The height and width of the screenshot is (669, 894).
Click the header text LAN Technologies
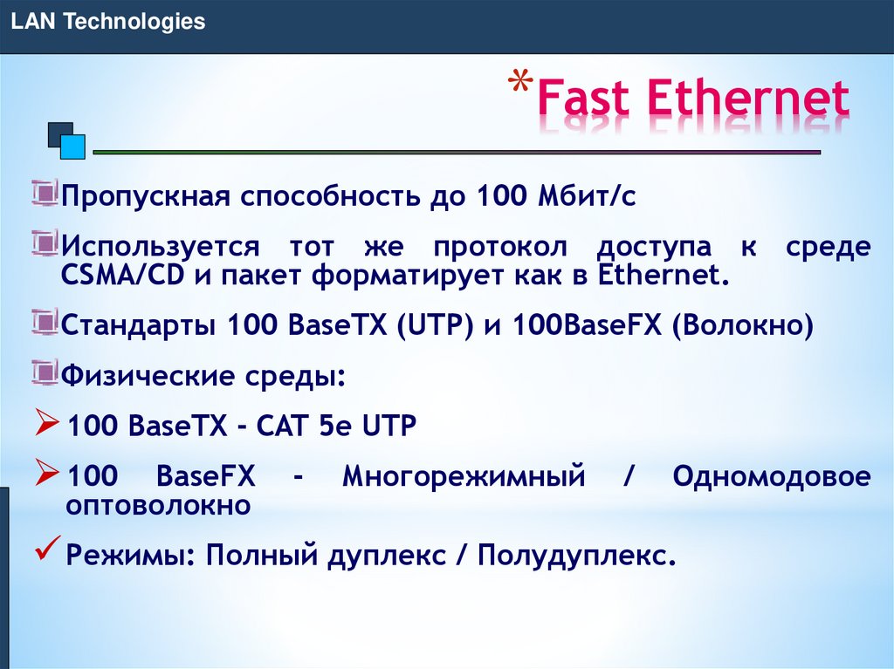pyautogui.click(x=107, y=22)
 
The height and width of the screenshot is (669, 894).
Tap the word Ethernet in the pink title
pyautogui.click(x=748, y=99)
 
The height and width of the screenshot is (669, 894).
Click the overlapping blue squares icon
pyautogui.click(x=66, y=140)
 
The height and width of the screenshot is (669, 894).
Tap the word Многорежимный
pyautogui.click(x=463, y=477)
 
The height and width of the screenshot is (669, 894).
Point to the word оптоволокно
pyautogui.click(x=159, y=505)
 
